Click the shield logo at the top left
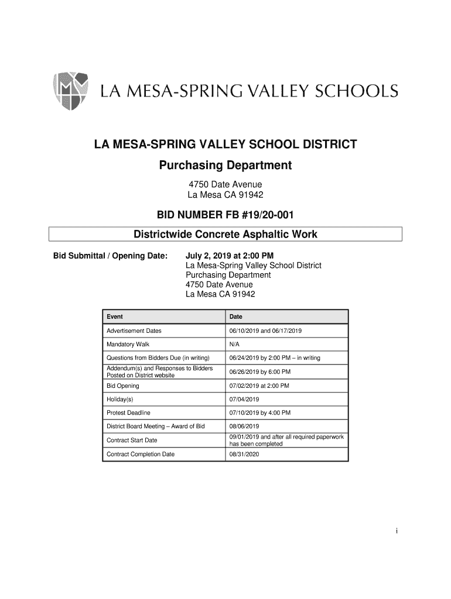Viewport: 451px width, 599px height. point(71,91)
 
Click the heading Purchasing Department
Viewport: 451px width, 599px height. point(225,166)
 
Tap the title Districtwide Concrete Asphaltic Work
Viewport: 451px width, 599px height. point(225,235)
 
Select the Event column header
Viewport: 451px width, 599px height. point(115,316)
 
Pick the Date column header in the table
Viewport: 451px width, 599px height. point(236,316)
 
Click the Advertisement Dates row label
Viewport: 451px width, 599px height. point(134,331)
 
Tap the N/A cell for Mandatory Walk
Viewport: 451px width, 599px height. point(235,344)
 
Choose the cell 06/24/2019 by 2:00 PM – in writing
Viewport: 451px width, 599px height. point(275,358)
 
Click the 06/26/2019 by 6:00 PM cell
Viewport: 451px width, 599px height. point(260,371)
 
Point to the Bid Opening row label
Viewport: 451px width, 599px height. point(123,385)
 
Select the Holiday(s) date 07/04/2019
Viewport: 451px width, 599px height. point(244,400)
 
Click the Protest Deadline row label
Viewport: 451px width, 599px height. point(128,413)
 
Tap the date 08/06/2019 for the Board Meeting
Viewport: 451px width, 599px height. point(244,427)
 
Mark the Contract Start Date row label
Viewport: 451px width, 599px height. point(132,440)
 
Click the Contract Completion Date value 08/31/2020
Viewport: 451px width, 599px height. point(244,455)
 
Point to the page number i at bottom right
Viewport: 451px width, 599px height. point(397,531)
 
